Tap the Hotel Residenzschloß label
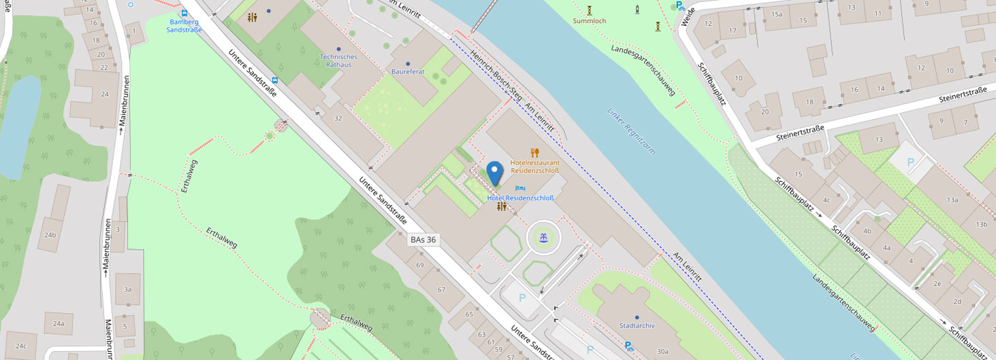[x=521, y=198]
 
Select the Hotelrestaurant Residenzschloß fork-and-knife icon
[x=535, y=153]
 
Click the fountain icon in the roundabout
[x=543, y=238]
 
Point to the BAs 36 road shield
[x=423, y=240]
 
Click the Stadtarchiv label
[x=637, y=325]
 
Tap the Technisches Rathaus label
[x=338, y=61]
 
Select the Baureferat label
[x=408, y=71]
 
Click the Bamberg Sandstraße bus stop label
[x=184, y=26]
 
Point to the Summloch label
[x=590, y=21]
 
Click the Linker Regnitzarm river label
[x=631, y=131]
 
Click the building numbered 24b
[x=50, y=235]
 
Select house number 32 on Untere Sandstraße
[x=338, y=118]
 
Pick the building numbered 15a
[x=777, y=14]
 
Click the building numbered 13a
[x=951, y=199]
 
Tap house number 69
[x=420, y=265]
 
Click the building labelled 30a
[x=662, y=352]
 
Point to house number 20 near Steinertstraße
[x=765, y=112]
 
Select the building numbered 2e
[x=937, y=284]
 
